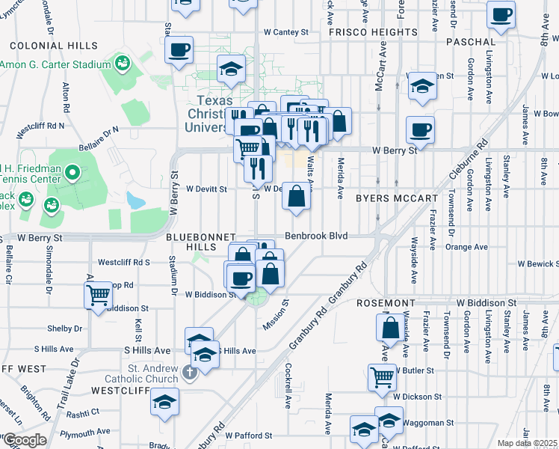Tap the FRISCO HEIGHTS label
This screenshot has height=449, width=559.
tap(372, 32)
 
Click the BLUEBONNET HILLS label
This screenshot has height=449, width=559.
tap(200, 236)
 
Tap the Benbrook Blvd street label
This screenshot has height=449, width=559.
tap(327, 235)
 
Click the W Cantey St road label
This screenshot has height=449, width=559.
tap(285, 32)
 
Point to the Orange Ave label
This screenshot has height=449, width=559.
tap(466, 246)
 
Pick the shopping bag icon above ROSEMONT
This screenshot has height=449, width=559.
tap(392, 326)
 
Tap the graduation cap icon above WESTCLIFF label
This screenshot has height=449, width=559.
tap(164, 400)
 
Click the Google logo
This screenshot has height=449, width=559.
tap(25, 440)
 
